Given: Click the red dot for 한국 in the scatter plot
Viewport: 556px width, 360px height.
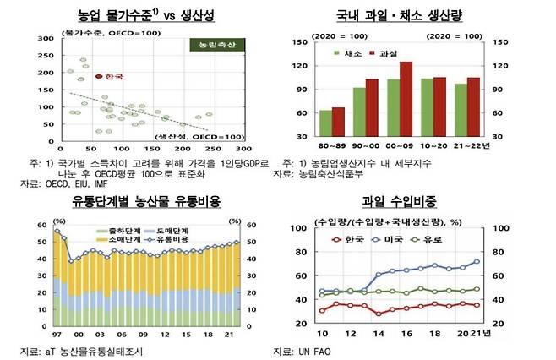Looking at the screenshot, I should (99, 76).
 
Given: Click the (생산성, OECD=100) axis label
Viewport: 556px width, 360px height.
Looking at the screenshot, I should (200, 136).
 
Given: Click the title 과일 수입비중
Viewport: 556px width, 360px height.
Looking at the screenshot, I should (401, 201).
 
